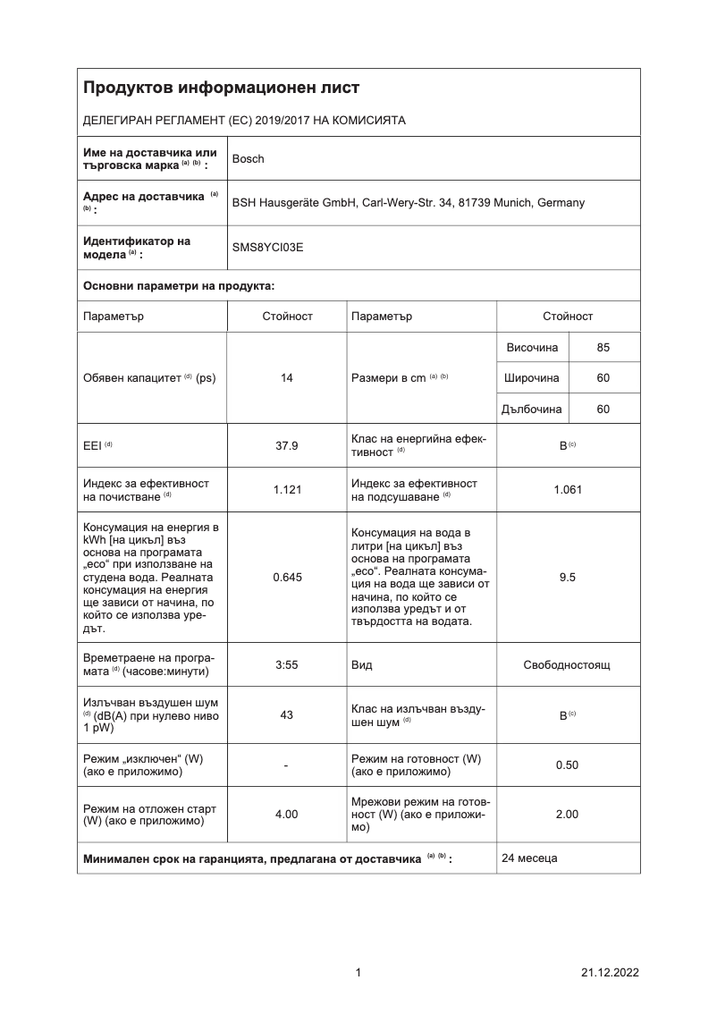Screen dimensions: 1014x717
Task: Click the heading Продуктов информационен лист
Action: pos(222,88)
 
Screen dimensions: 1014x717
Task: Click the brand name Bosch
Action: pos(248,159)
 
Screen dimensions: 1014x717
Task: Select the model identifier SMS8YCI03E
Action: pos(267,248)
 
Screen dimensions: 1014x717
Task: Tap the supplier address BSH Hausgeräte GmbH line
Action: pos(408,203)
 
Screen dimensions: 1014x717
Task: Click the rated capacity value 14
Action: pos(287,378)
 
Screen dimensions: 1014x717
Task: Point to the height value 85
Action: pos(603,348)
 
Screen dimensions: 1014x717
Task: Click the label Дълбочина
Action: pos(533,409)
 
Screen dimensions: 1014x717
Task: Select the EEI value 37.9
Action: pos(287,445)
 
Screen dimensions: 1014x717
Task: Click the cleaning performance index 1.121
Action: pos(287,489)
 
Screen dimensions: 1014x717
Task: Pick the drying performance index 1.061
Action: pos(568,489)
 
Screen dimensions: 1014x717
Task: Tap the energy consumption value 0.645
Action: pos(287,578)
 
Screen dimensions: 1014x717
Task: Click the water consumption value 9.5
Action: pos(568,578)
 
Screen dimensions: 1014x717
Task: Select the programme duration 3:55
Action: pos(287,666)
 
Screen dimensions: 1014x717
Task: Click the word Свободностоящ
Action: pos(568,666)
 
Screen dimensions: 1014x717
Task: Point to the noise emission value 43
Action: pos(287,715)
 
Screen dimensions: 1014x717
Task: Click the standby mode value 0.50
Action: pos(568,765)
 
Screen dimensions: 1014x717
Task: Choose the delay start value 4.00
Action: pos(287,815)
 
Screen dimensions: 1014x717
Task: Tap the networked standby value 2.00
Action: pos(568,815)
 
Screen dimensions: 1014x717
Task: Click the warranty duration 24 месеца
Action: pos(529,858)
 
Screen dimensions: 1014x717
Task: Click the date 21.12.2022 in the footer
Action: pos(610,973)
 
